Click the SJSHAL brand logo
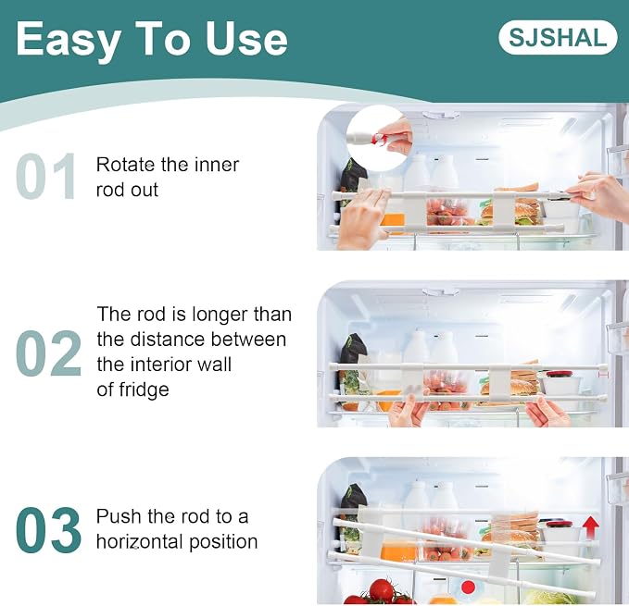(x=558, y=37)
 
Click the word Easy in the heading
(x=69, y=40)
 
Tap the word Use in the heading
(x=246, y=39)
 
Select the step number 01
(x=46, y=176)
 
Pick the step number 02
(x=49, y=353)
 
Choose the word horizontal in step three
(x=140, y=541)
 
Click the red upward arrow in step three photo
(x=590, y=527)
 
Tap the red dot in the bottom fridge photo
(x=468, y=587)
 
